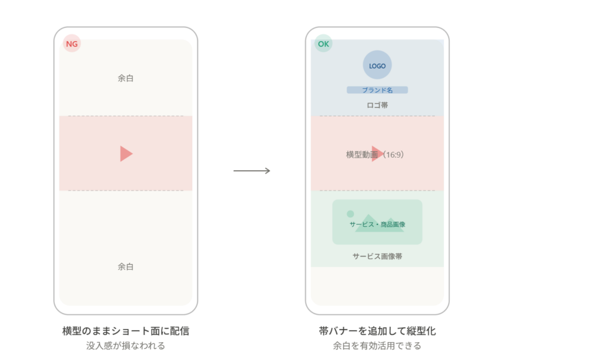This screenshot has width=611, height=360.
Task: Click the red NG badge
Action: coord(72,44)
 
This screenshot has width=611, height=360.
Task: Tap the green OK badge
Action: coord(324,44)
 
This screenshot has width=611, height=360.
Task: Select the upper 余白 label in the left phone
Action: coord(125,78)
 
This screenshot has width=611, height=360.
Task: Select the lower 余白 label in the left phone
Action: coord(125,267)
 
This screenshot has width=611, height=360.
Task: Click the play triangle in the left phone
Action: coord(125,153)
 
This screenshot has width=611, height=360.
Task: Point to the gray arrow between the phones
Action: coord(252,171)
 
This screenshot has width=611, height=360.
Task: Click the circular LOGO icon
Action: coord(377,66)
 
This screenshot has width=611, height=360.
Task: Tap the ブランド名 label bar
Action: coord(377,90)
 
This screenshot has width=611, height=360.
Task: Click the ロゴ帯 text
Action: coord(377,105)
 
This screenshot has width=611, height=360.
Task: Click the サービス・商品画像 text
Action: coord(377,224)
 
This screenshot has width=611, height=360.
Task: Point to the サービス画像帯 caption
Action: coord(377,256)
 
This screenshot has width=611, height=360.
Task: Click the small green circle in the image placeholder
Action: coord(350,214)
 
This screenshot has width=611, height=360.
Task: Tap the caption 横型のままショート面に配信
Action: coord(125,331)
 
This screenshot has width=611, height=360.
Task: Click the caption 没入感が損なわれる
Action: coord(125,346)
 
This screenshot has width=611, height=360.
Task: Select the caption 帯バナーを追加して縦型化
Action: coord(377,331)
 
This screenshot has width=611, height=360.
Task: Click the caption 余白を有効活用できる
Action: coord(377,346)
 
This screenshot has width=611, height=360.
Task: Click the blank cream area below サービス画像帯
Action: coord(377,287)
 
